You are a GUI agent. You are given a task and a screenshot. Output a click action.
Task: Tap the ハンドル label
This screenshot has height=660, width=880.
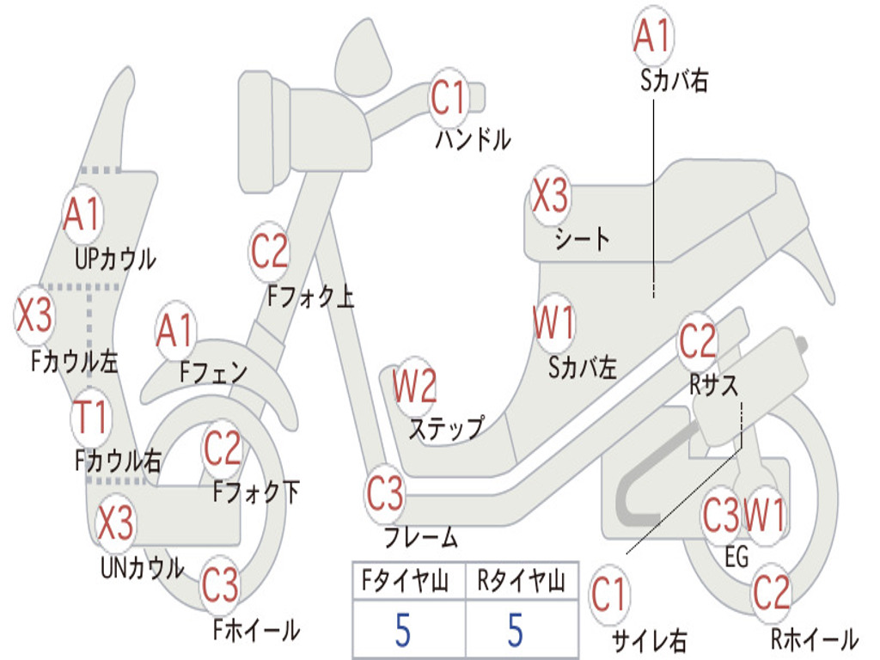tap(473, 138)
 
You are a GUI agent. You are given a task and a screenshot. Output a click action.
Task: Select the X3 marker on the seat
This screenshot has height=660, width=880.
tap(550, 197)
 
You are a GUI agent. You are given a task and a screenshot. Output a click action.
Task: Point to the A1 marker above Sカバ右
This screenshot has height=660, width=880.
tap(651, 36)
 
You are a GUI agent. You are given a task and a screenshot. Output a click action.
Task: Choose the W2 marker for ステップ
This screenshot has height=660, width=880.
tap(415, 387)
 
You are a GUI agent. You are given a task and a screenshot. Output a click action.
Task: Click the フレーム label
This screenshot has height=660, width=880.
tap(420, 539)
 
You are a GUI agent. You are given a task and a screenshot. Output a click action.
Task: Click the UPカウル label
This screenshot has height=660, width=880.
tap(115, 258)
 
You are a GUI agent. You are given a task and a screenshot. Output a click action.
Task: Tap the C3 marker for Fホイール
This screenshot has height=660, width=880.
tap(221, 586)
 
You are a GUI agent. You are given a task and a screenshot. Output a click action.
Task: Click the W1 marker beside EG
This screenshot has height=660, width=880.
tap(764, 516)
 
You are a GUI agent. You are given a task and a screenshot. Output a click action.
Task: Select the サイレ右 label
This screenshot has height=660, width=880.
tap(649, 640)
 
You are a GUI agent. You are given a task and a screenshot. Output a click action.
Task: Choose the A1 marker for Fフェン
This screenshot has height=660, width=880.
tap(175, 331)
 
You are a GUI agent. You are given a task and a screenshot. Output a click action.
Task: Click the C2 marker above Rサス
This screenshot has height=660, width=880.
tap(698, 342)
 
